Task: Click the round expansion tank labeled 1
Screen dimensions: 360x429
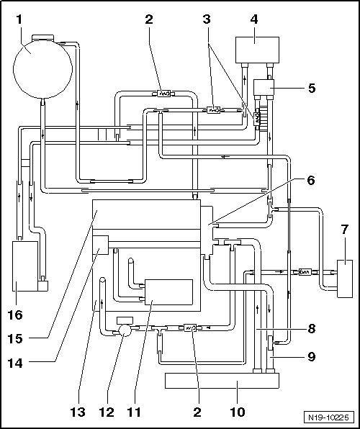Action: point(42,68)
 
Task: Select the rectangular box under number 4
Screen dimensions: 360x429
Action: point(257,50)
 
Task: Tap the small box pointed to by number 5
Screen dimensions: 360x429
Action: point(264,87)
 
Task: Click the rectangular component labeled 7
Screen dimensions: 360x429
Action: point(345,279)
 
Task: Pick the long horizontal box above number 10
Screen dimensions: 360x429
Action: point(222,381)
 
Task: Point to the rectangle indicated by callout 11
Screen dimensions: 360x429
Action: point(168,292)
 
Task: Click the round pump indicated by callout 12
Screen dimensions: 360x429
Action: point(124,330)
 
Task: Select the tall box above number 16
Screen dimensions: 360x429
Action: point(25,266)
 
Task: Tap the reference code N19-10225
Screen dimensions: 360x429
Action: point(328,417)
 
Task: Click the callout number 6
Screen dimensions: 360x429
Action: point(311,181)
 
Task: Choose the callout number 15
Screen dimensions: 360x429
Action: point(15,339)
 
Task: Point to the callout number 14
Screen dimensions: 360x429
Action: point(15,363)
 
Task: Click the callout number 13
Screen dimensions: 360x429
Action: point(78,412)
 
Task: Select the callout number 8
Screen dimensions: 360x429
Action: point(311,329)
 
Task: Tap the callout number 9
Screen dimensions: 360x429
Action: point(311,356)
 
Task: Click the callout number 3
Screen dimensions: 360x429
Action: point(207,19)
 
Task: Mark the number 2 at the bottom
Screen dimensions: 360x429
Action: point(197,412)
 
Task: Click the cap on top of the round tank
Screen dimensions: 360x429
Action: point(42,37)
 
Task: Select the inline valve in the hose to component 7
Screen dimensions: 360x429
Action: point(304,272)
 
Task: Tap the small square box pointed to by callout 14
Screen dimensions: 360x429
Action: point(101,245)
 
